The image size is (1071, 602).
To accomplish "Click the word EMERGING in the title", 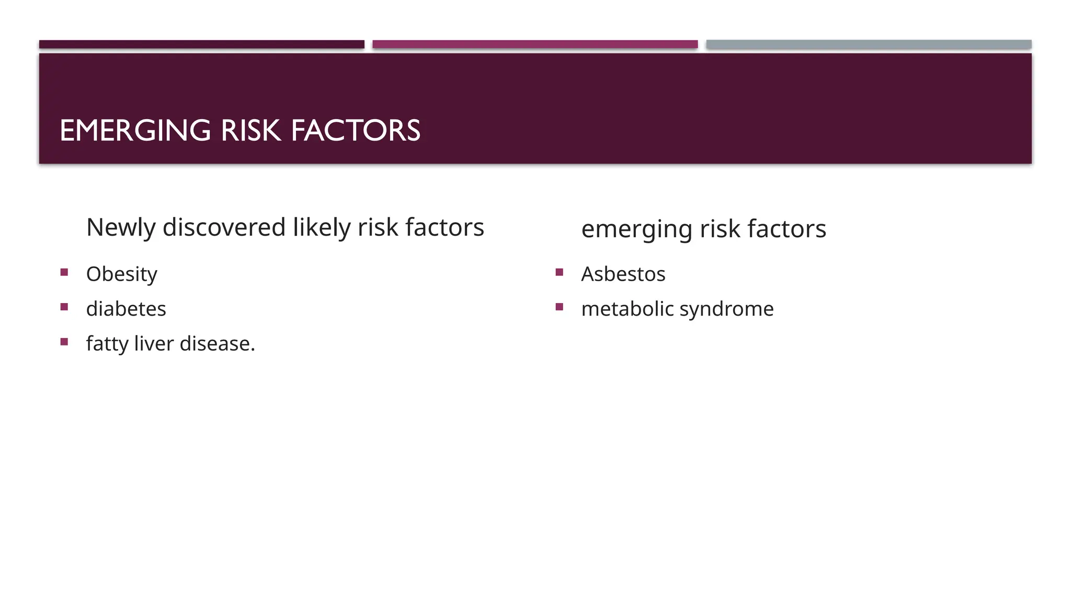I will point(135,131).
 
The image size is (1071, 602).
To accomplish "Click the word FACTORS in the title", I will point(355,131).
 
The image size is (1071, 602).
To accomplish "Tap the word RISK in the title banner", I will point(250,131).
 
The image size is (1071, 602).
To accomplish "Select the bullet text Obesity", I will point(121,274).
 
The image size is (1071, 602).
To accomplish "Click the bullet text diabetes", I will point(126,309).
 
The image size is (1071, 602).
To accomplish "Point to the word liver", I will point(154,344).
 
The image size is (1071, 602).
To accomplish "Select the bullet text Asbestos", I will point(623,274).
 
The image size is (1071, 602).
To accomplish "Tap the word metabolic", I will point(627,309).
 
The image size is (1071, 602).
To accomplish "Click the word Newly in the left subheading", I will point(121,228).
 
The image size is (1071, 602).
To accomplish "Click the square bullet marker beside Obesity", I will point(64,272).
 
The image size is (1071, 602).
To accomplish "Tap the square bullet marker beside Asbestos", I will point(560,272).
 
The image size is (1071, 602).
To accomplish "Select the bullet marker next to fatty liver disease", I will point(64,342).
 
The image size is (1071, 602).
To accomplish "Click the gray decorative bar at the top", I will point(869,44).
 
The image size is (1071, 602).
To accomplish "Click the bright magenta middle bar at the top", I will point(535,44).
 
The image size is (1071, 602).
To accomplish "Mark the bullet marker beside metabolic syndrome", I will point(560,307).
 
